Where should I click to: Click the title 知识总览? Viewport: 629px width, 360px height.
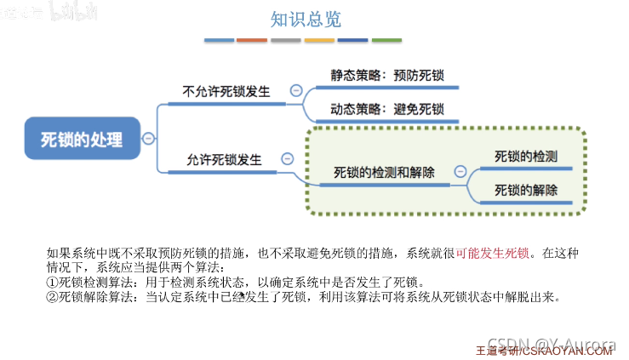[x=305, y=20]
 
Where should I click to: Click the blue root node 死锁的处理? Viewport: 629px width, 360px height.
[x=82, y=139]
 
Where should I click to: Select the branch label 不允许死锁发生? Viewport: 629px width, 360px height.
[x=226, y=91]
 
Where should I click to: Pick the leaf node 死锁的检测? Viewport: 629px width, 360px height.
[x=526, y=157]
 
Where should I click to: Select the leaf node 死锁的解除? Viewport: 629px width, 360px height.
[x=526, y=190]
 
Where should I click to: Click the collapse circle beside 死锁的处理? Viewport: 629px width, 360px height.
[x=148, y=139]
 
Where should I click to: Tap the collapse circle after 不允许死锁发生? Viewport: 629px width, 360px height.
[x=295, y=91]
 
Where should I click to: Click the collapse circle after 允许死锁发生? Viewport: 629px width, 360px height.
[x=288, y=159]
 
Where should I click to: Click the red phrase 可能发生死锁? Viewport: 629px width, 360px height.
[x=493, y=253]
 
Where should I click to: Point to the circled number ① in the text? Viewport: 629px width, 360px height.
[x=52, y=282]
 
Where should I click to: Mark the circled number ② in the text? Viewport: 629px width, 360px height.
[x=52, y=296]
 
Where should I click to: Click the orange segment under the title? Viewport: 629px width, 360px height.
[x=252, y=40]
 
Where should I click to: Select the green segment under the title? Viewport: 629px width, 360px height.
[x=386, y=40]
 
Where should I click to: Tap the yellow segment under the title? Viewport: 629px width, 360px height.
[x=319, y=40]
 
